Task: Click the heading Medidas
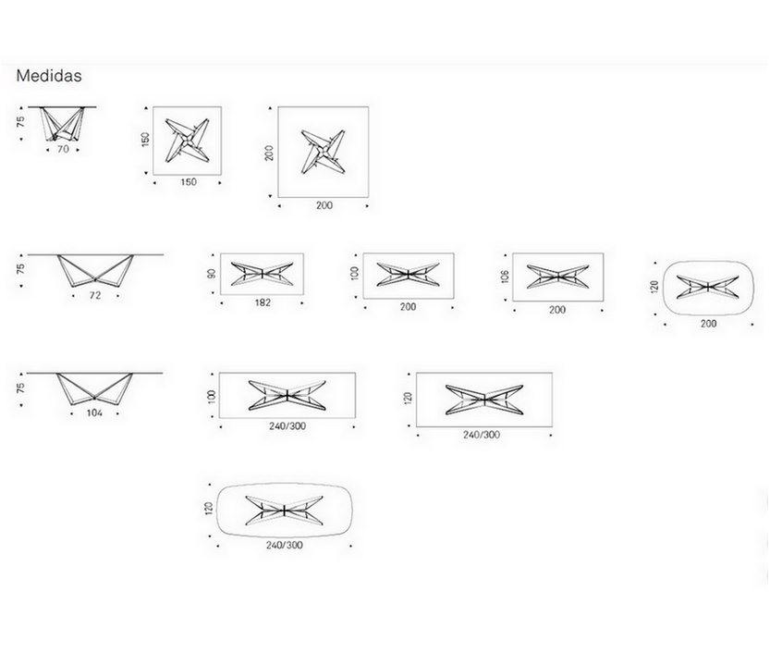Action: (x=48, y=76)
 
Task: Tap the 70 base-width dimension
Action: (x=63, y=148)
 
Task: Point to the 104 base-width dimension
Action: (x=94, y=413)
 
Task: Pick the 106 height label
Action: (x=505, y=275)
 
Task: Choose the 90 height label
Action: (x=212, y=274)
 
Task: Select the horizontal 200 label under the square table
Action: (x=324, y=205)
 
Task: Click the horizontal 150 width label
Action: (x=188, y=182)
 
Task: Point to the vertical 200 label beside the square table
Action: (x=269, y=152)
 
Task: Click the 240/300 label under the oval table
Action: (x=284, y=545)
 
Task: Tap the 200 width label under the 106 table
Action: (x=556, y=310)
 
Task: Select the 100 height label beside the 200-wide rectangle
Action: (x=355, y=275)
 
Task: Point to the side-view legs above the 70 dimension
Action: (x=63, y=125)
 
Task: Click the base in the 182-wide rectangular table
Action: (x=262, y=273)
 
